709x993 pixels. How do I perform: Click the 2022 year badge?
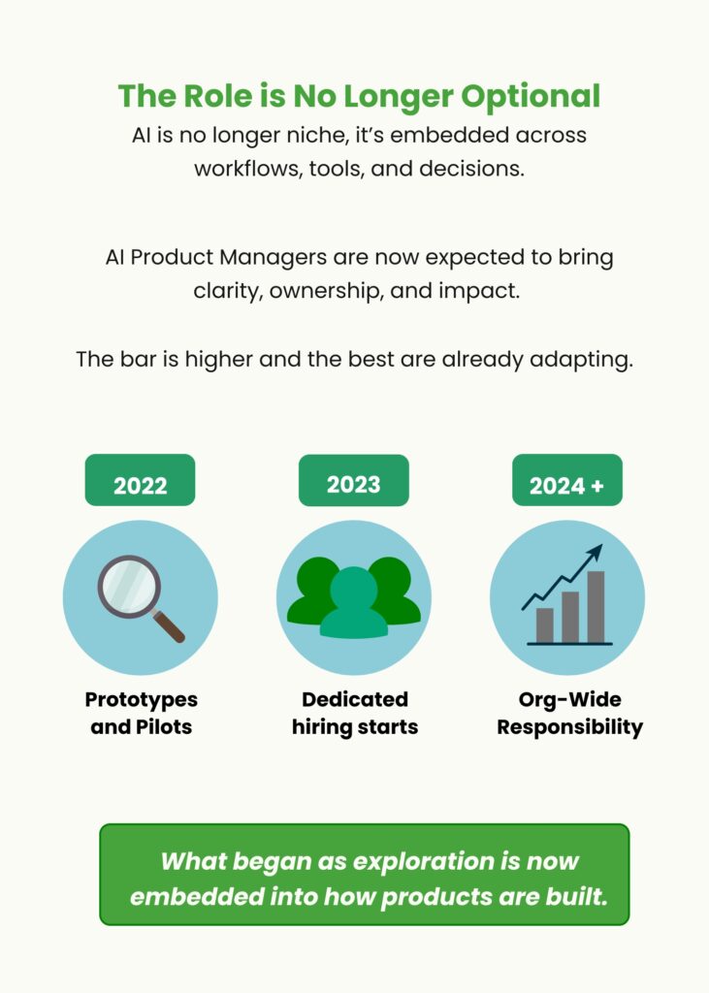140,480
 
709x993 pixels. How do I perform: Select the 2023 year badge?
354,480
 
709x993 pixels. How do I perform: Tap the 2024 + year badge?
567,480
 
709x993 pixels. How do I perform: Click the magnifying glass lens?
129,586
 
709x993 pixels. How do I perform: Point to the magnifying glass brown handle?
169,626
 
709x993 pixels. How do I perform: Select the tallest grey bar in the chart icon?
596,607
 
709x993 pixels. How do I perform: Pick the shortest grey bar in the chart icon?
545,625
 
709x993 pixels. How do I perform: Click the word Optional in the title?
531,97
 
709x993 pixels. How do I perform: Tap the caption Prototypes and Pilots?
142,713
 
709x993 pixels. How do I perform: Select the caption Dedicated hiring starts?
355,713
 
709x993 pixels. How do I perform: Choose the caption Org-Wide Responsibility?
569,713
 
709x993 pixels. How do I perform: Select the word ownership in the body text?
327,291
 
